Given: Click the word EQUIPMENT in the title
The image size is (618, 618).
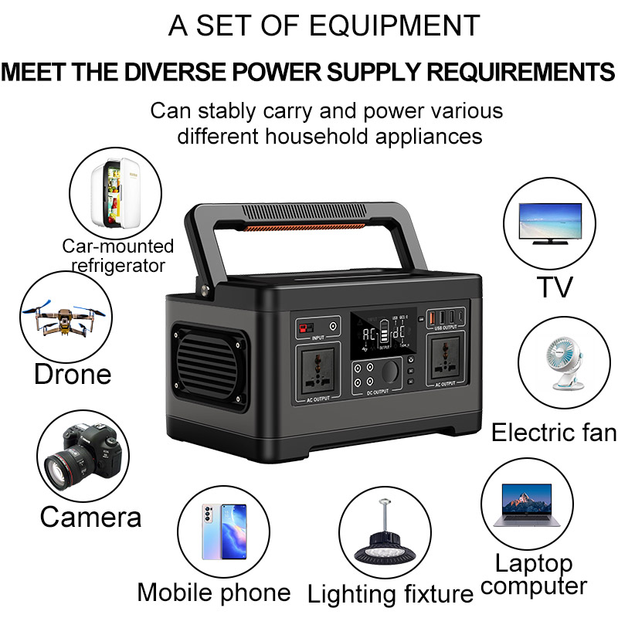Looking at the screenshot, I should (395, 25).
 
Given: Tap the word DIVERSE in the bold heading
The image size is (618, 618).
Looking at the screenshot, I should (192, 73).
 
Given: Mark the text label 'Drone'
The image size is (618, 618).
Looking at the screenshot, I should (73, 375).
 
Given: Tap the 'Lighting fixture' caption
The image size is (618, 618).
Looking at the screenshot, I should (390, 594).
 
